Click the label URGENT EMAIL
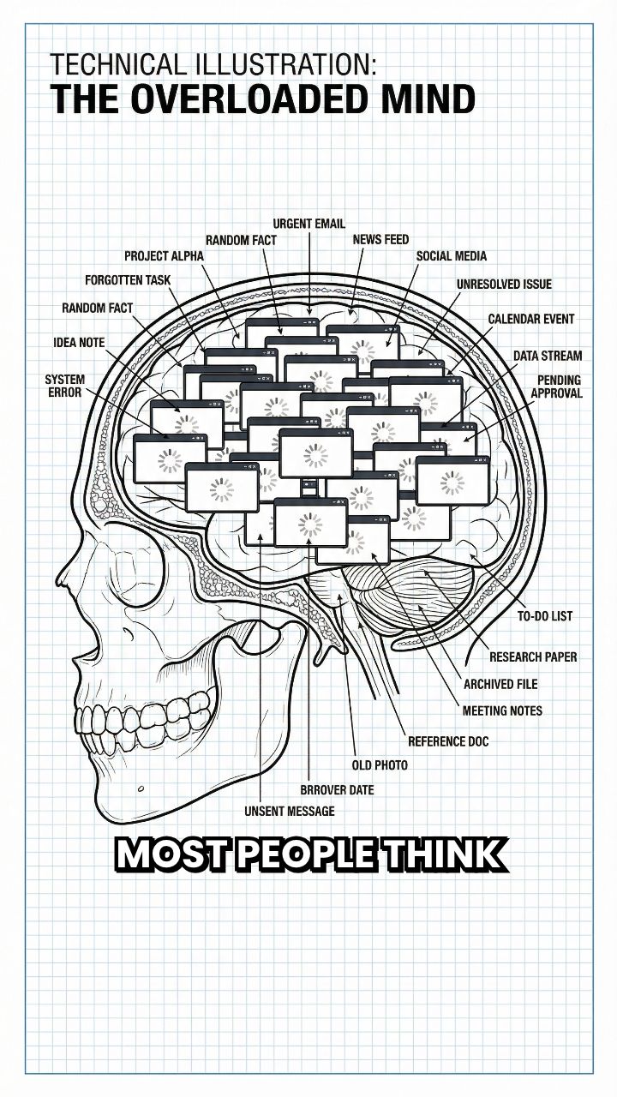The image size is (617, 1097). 308,224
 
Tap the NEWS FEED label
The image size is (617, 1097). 380,240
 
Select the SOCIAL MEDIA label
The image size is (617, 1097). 451,256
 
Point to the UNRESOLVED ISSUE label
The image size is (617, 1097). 504,285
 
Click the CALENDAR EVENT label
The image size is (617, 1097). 531,320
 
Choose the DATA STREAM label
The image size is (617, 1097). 548,356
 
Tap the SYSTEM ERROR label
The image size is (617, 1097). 64,386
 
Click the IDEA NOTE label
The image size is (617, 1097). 79,343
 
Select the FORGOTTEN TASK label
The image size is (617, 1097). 127,280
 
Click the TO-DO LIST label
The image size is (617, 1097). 545,616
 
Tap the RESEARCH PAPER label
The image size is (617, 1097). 533,657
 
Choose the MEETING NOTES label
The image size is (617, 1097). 502,711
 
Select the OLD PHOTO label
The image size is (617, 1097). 380,764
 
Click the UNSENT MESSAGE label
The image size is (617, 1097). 289,811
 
